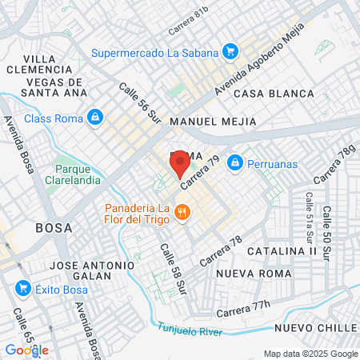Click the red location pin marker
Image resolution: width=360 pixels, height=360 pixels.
click(x=180, y=165)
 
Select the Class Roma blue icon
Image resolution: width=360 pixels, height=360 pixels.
click(x=95, y=118)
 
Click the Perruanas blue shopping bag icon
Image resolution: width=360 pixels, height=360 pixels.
click(x=234, y=162)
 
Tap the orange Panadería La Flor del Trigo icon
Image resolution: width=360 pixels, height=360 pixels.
click(x=182, y=212)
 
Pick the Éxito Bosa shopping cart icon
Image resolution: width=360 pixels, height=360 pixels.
click(x=22, y=288)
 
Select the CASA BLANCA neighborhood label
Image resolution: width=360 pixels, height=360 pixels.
click(x=274, y=94)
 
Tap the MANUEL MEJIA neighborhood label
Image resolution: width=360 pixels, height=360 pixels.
click(x=214, y=122)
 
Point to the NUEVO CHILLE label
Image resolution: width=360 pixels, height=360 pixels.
click(x=314, y=328)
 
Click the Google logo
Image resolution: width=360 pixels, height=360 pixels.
click(x=26, y=350)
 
